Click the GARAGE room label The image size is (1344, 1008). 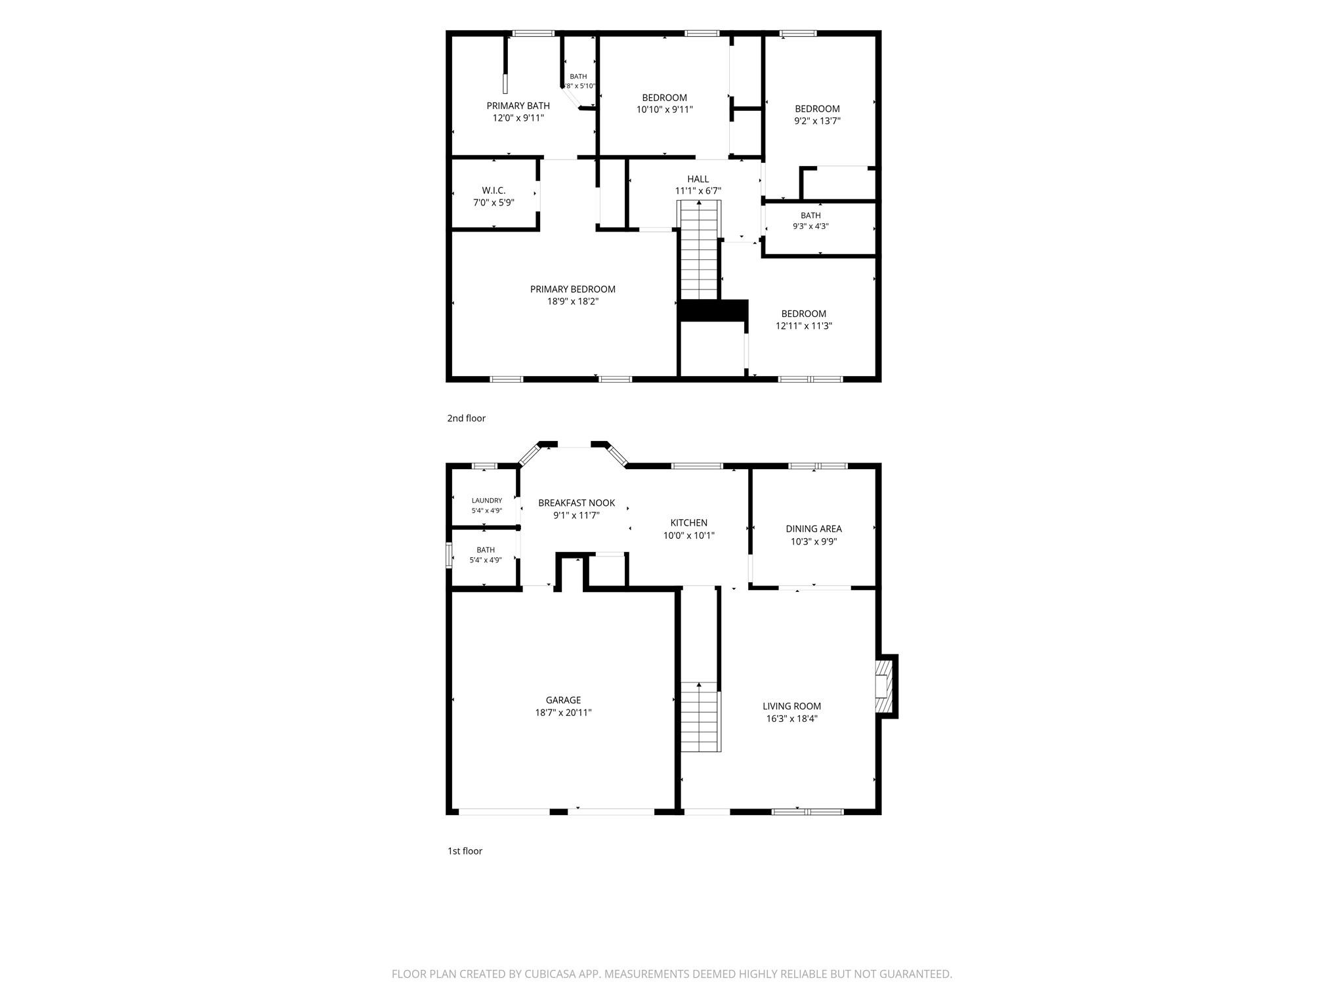(563, 700)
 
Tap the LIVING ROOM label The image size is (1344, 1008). (791, 706)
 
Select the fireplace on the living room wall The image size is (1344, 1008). (887, 686)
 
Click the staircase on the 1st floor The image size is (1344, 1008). (700, 717)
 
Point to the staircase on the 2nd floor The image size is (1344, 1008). (699, 250)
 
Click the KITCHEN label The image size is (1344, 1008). (688, 523)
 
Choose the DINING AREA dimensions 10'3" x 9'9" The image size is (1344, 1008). (814, 541)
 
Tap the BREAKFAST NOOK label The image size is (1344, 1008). (576, 503)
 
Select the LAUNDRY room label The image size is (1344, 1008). (486, 500)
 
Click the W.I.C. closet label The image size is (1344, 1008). (493, 190)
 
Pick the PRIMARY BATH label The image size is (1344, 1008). (518, 106)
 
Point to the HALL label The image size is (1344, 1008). (698, 179)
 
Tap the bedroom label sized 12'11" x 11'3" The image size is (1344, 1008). (803, 314)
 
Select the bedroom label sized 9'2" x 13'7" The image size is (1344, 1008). (817, 109)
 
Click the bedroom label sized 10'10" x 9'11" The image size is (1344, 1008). (664, 98)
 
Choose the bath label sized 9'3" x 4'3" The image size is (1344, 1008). (810, 215)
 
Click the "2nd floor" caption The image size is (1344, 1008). (466, 418)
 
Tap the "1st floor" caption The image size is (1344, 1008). (465, 851)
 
